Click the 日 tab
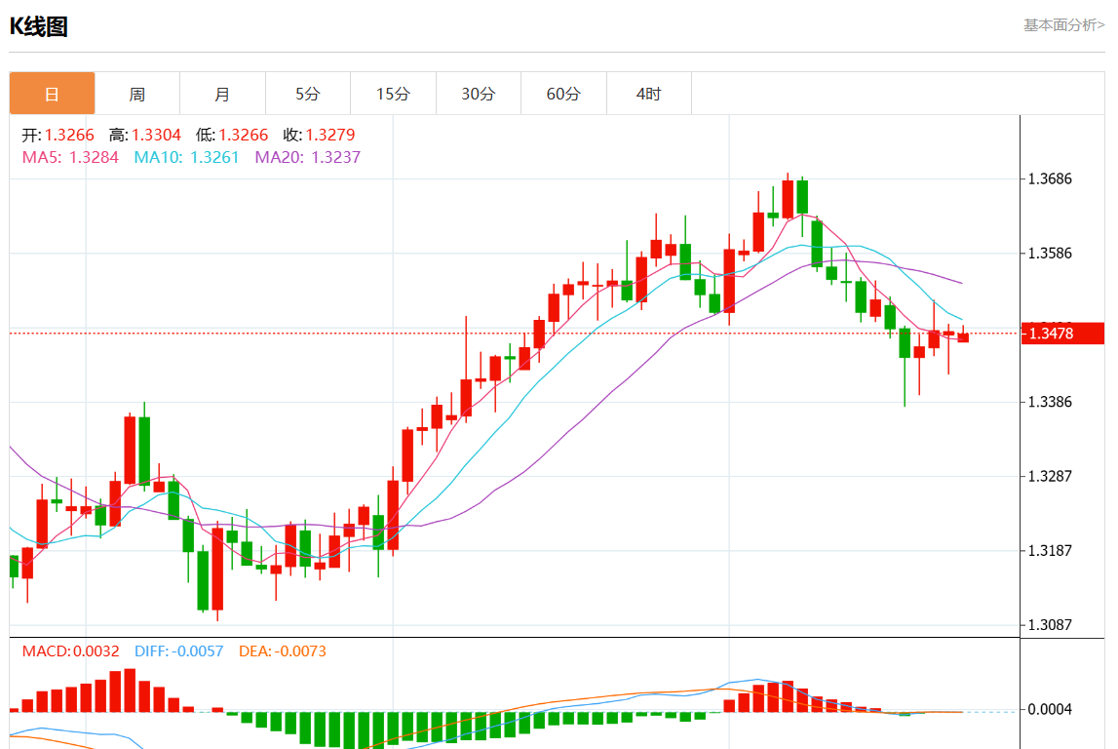tap(52, 94)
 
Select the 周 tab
tap(137, 94)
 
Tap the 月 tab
tap(222, 94)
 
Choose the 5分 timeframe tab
tap(308, 94)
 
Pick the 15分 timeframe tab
tap(393, 94)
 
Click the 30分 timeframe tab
tap(479, 94)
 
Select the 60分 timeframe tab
tap(563, 94)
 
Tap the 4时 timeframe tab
tap(648, 94)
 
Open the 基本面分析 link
tap(1063, 25)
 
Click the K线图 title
tap(39, 26)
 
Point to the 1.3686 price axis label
tap(1051, 179)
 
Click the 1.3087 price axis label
tap(1051, 625)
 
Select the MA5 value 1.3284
tap(94, 157)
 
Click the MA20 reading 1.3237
tap(335, 157)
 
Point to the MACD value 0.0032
tap(96, 650)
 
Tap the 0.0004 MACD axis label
tap(1051, 709)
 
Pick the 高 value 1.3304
tap(157, 136)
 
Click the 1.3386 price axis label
tap(1051, 402)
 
